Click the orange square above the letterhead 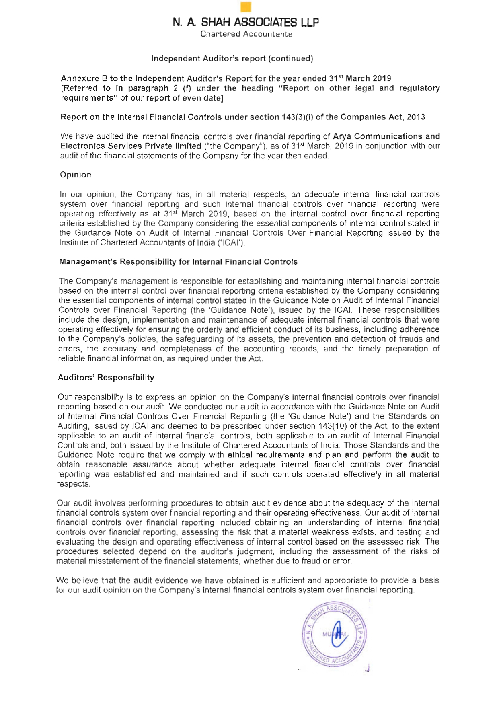pos(245,7)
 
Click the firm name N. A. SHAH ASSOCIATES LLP pos(246,22)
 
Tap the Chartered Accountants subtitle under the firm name pos(246,34)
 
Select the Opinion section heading pos(76,175)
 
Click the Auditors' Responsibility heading pos(106,378)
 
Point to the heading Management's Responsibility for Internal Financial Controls pos(178,262)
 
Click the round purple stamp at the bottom pos(334,635)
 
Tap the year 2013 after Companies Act pos(415,117)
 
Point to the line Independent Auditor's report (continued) pos(232,59)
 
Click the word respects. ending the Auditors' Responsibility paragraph pos(74,484)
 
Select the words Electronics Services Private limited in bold pos(130,146)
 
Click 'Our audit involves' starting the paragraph pos(91,503)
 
